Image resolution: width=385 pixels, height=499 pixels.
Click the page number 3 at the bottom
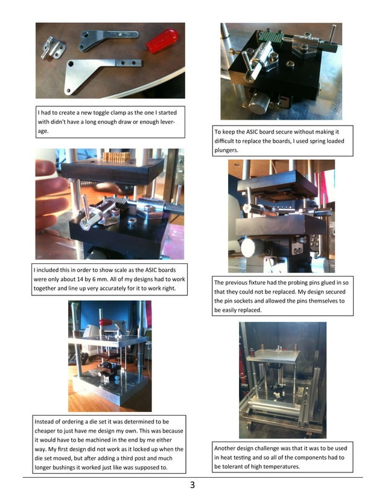(192, 485)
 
